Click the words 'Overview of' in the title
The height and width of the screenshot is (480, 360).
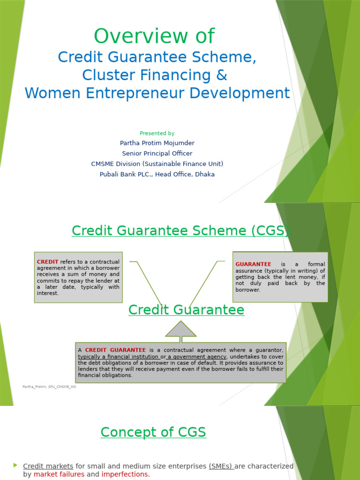pyautogui.click(x=154, y=36)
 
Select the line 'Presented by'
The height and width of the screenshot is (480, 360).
pyautogui.click(x=157, y=133)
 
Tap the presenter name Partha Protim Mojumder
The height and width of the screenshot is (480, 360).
pyautogui.click(x=157, y=143)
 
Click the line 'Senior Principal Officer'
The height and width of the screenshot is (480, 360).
pyautogui.click(x=157, y=153)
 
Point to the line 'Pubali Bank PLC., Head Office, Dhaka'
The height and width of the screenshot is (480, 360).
pyautogui.click(x=157, y=174)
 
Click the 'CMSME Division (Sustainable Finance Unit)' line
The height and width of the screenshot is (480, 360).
pyautogui.click(x=157, y=164)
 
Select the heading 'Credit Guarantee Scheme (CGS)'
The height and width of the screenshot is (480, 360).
pyautogui.click(x=180, y=231)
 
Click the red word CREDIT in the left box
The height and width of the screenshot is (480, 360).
pyautogui.click(x=47, y=262)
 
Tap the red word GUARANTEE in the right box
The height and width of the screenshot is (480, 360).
pyautogui.click(x=253, y=264)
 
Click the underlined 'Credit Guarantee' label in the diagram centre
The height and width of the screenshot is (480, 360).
pyautogui.click(x=186, y=310)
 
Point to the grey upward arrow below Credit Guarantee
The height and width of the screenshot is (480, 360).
pyautogui.click(x=181, y=330)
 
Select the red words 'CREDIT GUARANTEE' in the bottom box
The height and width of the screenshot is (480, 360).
pyautogui.click(x=115, y=350)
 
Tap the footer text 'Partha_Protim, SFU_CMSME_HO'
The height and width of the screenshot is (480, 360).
pyautogui.click(x=49, y=387)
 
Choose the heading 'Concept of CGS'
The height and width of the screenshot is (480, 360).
pyautogui.click(x=153, y=432)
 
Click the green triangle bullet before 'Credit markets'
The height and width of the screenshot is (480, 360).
pyautogui.click(x=15, y=465)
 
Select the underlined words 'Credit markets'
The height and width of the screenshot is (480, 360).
pyautogui.click(x=48, y=466)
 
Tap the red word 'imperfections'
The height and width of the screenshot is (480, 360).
pyautogui.click(x=125, y=474)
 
